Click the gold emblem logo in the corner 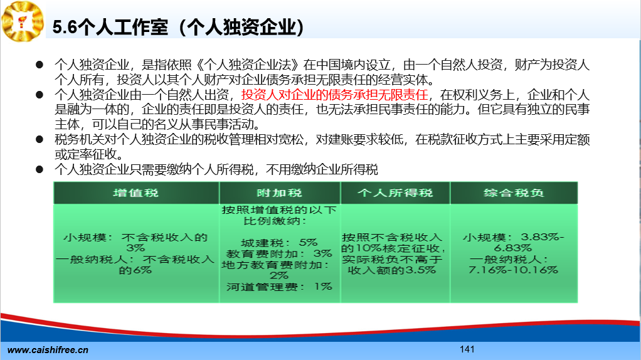click(23, 21)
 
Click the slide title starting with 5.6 click(178, 28)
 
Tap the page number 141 click(467, 349)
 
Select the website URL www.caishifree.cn click(48, 350)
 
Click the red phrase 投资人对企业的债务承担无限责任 click(334, 95)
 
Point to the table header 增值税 click(135, 193)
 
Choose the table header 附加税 click(279, 193)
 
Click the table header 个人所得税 click(395, 193)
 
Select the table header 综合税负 click(514, 193)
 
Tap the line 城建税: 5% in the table click(279, 243)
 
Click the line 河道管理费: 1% click(279, 287)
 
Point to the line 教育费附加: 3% click(279, 254)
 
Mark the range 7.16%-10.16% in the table click(513, 270)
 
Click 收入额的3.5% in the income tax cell click(391, 270)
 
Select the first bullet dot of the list click(40, 65)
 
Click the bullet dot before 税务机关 click(40, 139)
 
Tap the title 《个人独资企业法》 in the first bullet click(248, 65)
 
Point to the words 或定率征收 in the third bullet click(89, 154)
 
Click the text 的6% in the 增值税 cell click(135, 270)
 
